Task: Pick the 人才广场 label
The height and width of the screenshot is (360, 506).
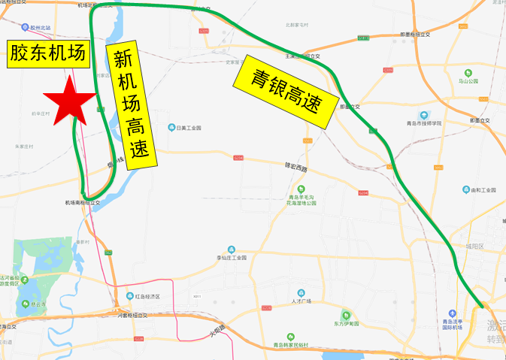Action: tap(300, 301)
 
